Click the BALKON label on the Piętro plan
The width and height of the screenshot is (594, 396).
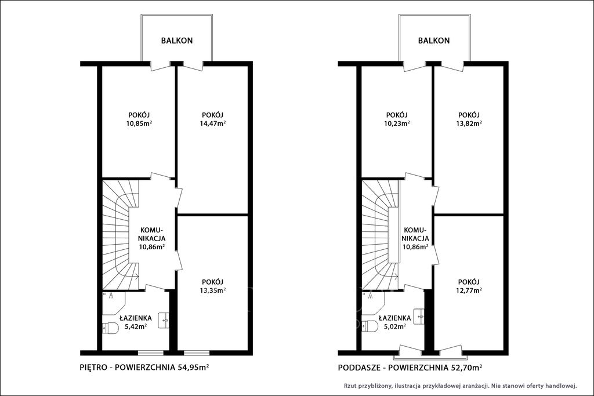[177, 41]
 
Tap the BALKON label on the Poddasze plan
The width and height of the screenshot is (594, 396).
[434, 41]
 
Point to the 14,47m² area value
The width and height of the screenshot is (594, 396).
[213, 123]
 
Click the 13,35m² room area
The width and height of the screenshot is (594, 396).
[213, 290]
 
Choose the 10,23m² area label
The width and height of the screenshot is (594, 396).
[397, 123]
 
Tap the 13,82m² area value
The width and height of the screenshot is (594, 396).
[469, 123]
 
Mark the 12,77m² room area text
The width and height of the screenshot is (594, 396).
[469, 290]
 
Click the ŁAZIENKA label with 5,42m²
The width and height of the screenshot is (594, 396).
[136, 318]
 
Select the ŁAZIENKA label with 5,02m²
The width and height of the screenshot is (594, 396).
[394, 318]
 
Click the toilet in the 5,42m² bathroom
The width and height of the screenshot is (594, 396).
[111, 328]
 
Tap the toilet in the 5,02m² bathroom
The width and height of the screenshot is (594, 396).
[370, 326]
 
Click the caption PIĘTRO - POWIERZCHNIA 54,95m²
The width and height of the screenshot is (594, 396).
[145, 367]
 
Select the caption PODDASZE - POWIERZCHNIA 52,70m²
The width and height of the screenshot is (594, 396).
[410, 367]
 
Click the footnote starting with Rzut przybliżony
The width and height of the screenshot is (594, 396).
[460, 386]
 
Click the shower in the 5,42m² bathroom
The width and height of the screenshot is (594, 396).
[114, 303]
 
